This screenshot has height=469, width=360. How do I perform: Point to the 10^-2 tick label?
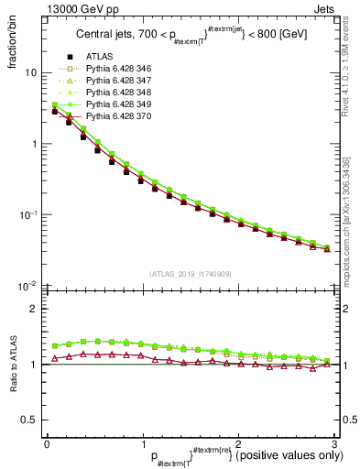[27, 286]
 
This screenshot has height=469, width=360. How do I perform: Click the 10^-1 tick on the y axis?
[27, 214]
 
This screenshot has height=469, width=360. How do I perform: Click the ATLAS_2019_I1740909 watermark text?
[191, 274]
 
